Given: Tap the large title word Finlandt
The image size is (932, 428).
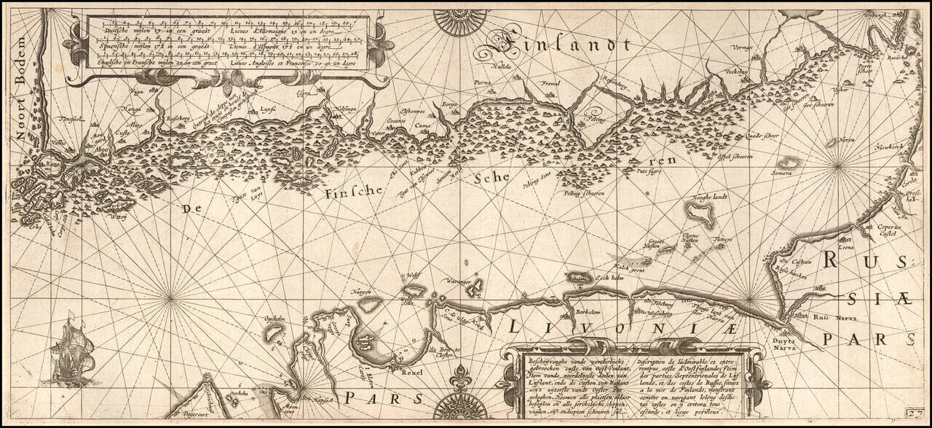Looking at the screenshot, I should click(561, 46).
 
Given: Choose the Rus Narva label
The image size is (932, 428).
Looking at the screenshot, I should click(829, 317).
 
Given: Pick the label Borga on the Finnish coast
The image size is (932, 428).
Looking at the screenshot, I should click(449, 105).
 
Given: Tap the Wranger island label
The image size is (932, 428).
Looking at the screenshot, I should click(460, 281).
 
